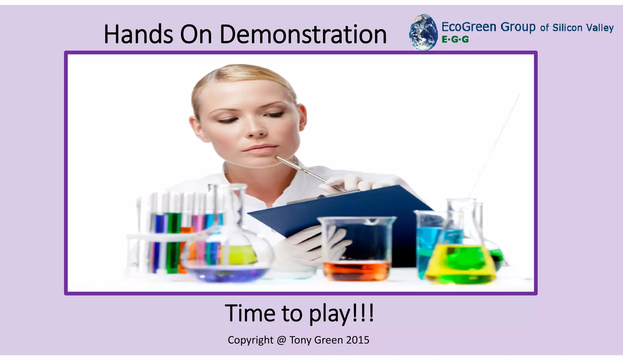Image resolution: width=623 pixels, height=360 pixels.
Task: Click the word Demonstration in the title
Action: click(x=303, y=34)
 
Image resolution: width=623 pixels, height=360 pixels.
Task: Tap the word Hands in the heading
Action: click(x=138, y=34)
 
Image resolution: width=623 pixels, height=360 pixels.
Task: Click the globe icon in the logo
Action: click(x=423, y=32)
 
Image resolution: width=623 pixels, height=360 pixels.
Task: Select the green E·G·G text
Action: click(x=455, y=40)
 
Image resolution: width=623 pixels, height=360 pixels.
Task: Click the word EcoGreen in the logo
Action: click(x=469, y=27)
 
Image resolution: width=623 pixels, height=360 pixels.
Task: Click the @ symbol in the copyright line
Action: click(x=281, y=340)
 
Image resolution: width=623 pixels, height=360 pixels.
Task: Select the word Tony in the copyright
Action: click(x=300, y=340)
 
